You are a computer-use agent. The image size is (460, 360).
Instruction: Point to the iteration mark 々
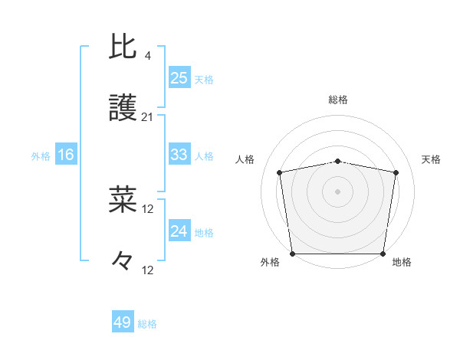[123, 262]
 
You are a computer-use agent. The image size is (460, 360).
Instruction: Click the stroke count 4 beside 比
[147, 56]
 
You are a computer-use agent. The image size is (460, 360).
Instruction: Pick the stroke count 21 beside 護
[147, 117]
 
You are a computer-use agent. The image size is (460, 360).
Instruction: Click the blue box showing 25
[179, 78]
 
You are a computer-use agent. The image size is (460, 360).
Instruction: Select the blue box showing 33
[179, 155]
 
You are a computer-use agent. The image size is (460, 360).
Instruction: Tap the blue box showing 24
[179, 231]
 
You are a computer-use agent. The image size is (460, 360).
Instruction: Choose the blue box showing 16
[66, 155]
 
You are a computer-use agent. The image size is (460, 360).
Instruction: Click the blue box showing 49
[123, 322]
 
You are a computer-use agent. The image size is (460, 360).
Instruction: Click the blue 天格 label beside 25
[204, 80]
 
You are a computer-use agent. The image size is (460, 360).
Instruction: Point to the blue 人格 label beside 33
[204, 156]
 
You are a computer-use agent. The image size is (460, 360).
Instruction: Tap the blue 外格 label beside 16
[41, 156]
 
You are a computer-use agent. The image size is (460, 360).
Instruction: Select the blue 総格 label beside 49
[147, 324]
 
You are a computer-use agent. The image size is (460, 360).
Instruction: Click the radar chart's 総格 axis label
[338, 100]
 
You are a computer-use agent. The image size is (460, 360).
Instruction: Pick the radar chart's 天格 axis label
[431, 159]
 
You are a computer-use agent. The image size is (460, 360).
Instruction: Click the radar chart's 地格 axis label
[402, 262]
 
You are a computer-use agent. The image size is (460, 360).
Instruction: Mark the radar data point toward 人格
[280, 173]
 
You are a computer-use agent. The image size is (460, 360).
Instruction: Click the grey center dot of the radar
[338, 191]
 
